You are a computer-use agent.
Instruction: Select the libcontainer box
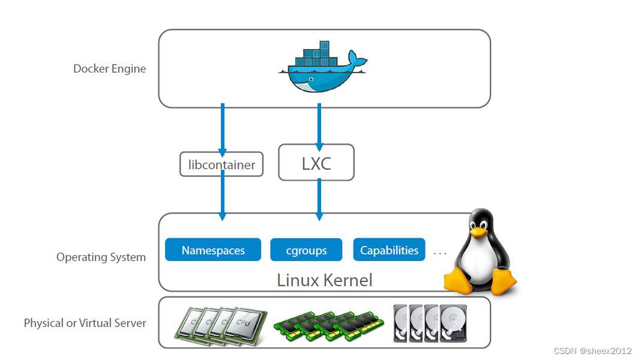coord(221,164)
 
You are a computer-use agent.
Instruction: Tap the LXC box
coord(316,163)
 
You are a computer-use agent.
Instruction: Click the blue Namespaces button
coord(213,250)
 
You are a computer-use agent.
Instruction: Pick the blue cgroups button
coord(306,250)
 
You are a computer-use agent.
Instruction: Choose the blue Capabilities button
coord(389,250)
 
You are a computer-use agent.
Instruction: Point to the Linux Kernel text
coord(324,280)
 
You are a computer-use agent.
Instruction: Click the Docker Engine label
coord(109,68)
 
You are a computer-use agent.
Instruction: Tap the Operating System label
coord(101,257)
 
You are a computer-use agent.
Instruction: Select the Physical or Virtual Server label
coord(85,323)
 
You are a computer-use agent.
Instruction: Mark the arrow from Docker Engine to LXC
coord(319,126)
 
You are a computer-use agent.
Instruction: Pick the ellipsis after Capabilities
coord(440,253)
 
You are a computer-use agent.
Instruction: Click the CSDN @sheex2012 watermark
coord(592,351)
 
